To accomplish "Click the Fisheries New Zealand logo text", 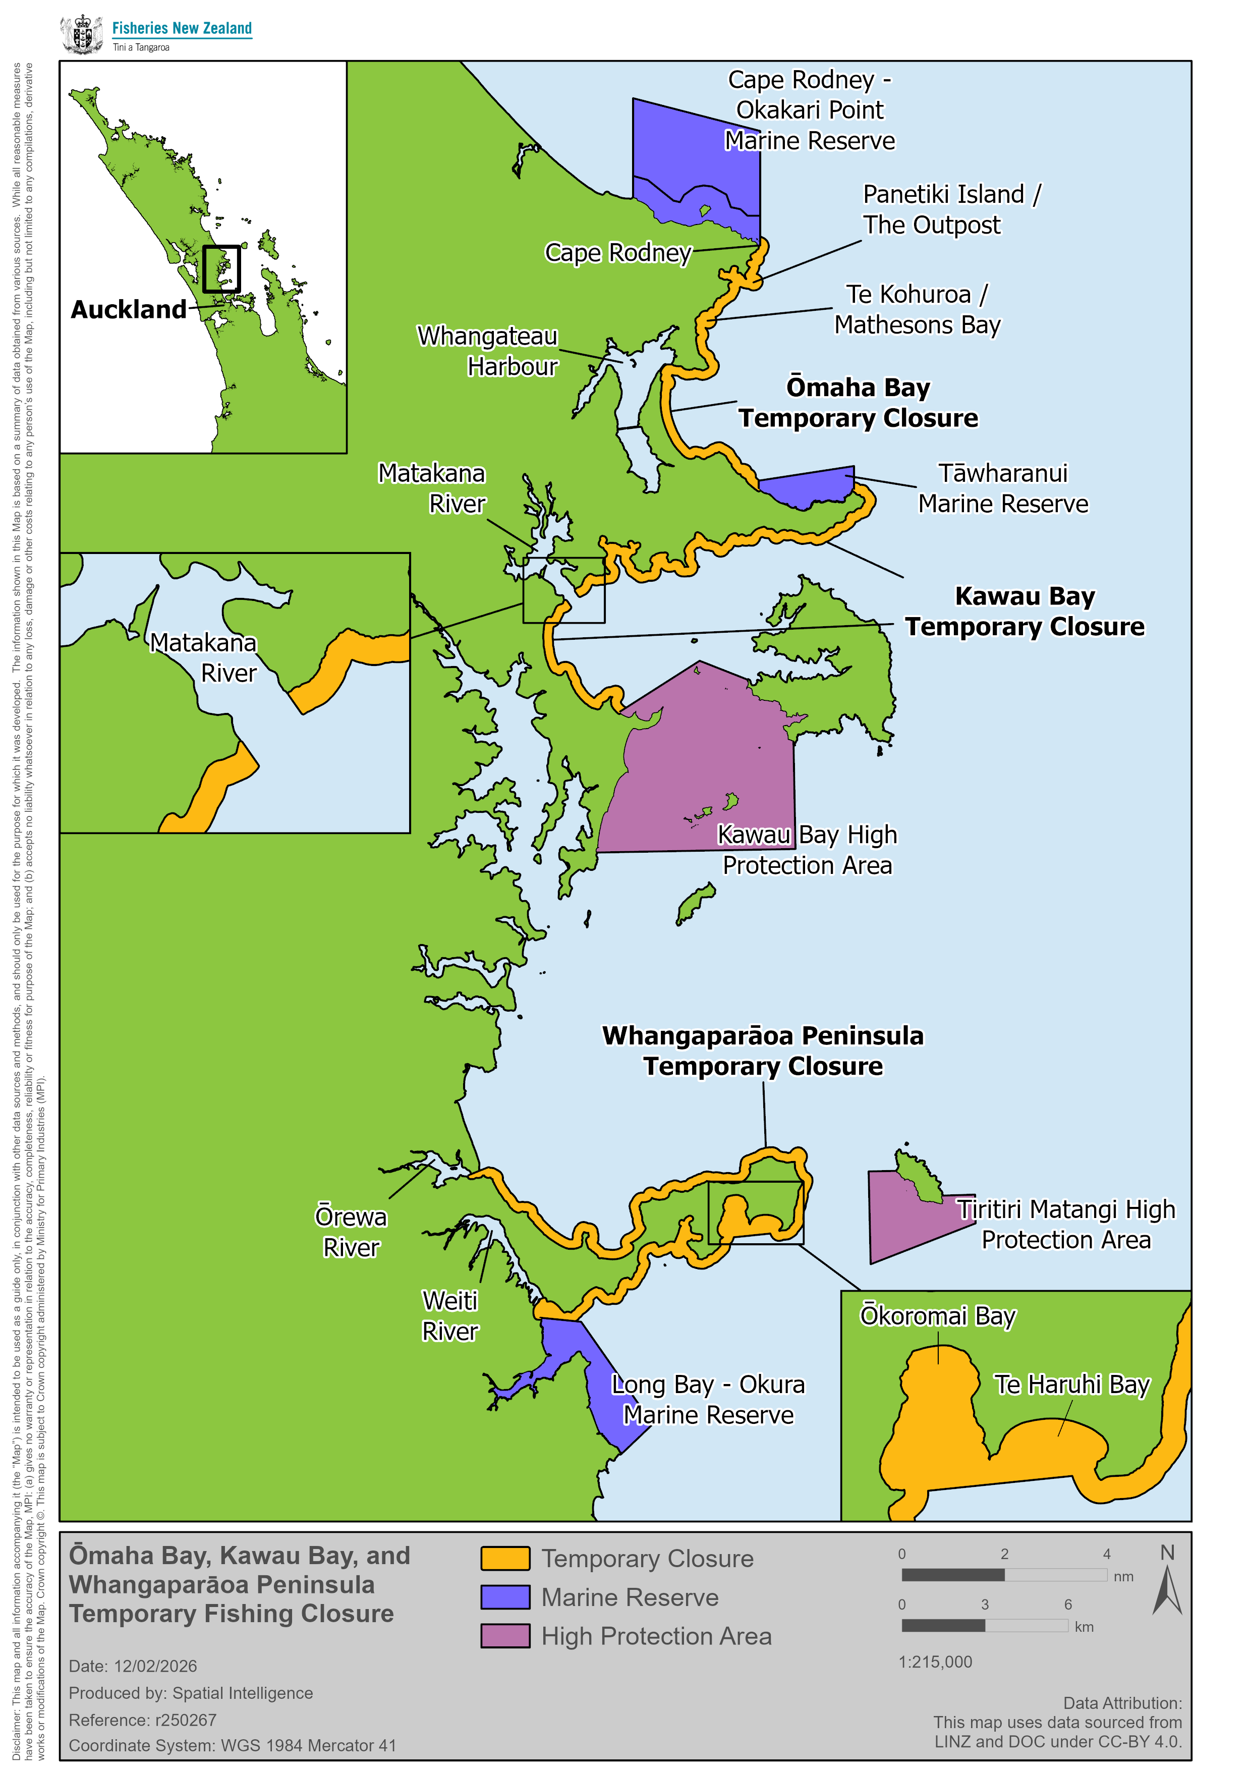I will tap(182, 29).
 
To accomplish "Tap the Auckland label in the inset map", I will tap(129, 310).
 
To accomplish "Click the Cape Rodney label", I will tap(618, 253).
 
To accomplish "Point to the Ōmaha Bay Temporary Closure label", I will tap(858, 403).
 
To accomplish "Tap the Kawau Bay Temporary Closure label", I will tap(1025, 612).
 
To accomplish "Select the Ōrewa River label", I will tap(351, 1232).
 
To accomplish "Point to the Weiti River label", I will tap(450, 1316).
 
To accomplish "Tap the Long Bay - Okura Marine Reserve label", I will tap(708, 1399).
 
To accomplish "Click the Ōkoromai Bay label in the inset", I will tap(937, 1315).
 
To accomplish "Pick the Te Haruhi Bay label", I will tap(1071, 1385).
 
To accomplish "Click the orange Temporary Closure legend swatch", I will tap(505, 1558).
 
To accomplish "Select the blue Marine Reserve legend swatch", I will tap(505, 1596).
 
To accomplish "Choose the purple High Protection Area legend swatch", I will tap(505, 1635).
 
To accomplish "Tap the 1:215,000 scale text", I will tap(935, 1662).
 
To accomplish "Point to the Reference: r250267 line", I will tap(143, 1720).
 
